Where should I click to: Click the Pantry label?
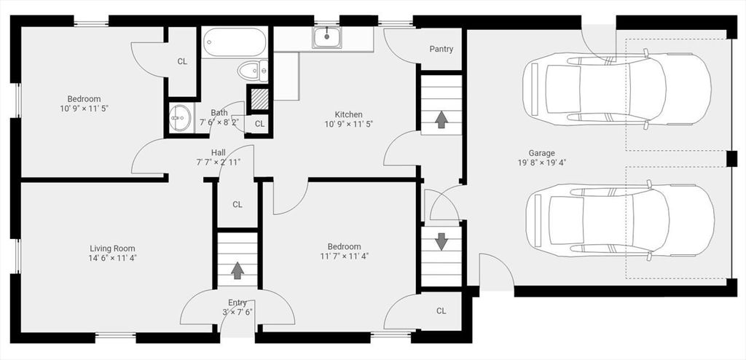tap(441, 49)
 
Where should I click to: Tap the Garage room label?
tap(541, 153)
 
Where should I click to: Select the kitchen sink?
tap(327, 37)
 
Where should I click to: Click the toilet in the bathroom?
tap(253, 71)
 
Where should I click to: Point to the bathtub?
tap(234, 42)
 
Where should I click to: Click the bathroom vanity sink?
tap(181, 117)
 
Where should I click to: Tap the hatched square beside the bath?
tap(260, 99)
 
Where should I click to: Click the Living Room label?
tap(112, 249)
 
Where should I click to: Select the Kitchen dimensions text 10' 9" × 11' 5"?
tap(349, 124)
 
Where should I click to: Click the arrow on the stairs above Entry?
tap(237, 270)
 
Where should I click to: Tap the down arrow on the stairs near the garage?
tap(441, 241)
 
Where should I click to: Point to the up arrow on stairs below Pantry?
tap(441, 120)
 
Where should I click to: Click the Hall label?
tap(219, 153)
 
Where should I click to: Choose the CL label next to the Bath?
tap(259, 124)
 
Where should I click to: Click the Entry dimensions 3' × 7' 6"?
tap(237, 313)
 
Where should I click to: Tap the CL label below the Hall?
tap(237, 205)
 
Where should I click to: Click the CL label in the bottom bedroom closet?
tap(441, 311)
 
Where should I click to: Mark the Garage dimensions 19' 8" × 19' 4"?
tap(541, 163)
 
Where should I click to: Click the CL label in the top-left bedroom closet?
tap(182, 61)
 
